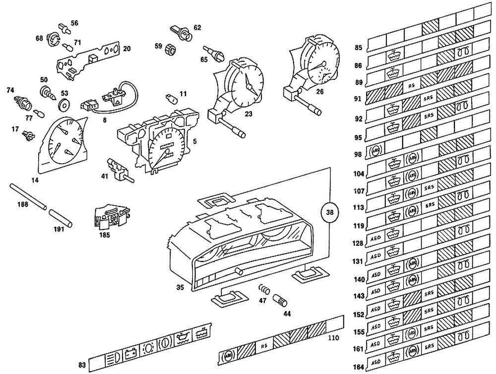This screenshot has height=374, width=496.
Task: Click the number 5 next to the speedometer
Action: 194,141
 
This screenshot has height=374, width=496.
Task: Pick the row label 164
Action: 359,367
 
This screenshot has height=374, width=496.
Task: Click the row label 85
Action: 359,48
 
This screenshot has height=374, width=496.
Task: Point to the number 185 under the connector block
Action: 105,235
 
